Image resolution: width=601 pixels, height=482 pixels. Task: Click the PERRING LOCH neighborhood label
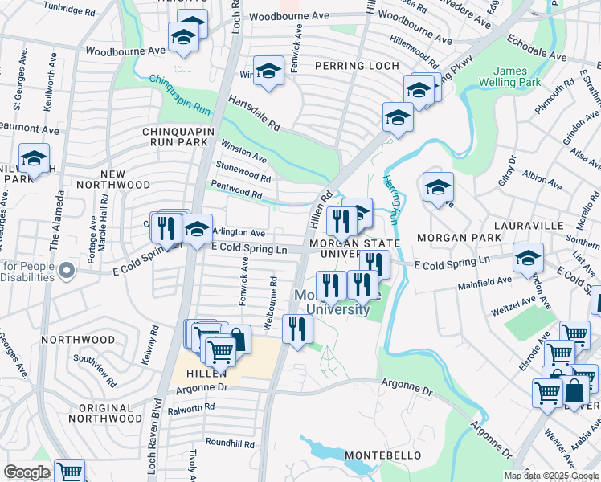click(x=355, y=65)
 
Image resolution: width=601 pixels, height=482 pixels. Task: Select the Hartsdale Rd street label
click(x=254, y=113)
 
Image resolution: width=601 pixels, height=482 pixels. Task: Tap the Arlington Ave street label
click(x=239, y=232)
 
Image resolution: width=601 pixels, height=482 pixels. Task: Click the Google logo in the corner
click(x=27, y=472)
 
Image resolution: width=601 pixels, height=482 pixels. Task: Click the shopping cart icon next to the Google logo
click(x=70, y=472)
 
